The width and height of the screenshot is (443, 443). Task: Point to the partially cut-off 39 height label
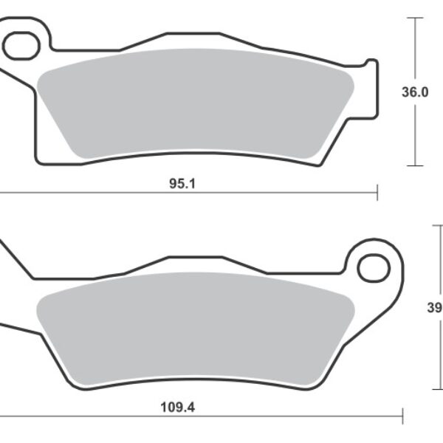(436, 309)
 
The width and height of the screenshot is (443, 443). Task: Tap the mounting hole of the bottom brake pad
(374, 268)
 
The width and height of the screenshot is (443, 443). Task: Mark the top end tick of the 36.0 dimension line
(416, 18)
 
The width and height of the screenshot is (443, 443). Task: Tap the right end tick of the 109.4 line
(402, 415)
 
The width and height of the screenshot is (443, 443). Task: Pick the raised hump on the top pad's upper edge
(193, 34)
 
